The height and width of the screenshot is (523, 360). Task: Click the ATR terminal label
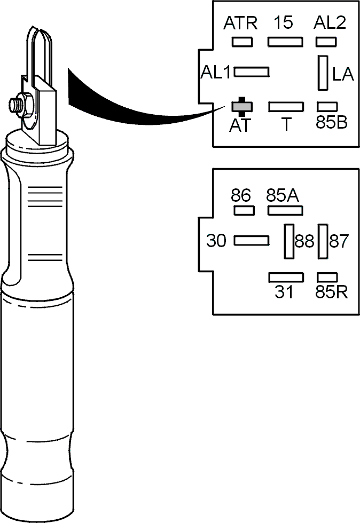(240, 23)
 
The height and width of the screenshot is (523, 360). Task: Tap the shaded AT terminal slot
(242, 106)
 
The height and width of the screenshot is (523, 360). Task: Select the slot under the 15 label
(285, 42)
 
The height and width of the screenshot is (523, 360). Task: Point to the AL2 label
(330, 22)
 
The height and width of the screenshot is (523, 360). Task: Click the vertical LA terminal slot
(323, 73)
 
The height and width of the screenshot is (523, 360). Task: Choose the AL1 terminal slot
(252, 72)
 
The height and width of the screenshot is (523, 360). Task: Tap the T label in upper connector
(286, 124)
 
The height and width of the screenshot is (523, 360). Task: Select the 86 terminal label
(240, 195)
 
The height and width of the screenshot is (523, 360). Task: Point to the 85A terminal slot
(286, 211)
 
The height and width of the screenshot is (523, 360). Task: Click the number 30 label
(216, 241)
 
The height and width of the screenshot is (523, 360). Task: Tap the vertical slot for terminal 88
(289, 241)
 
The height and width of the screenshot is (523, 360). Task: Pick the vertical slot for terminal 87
(323, 241)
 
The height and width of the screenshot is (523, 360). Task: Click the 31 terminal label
(284, 292)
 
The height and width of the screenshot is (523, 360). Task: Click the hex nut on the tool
(25, 106)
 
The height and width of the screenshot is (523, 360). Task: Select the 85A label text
(283, 195)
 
